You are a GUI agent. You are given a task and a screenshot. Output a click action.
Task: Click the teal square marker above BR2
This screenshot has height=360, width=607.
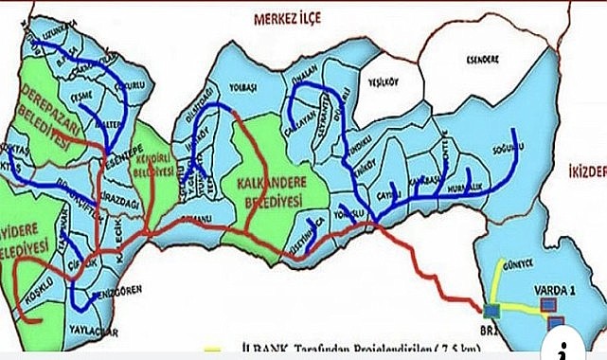pos(491,309)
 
